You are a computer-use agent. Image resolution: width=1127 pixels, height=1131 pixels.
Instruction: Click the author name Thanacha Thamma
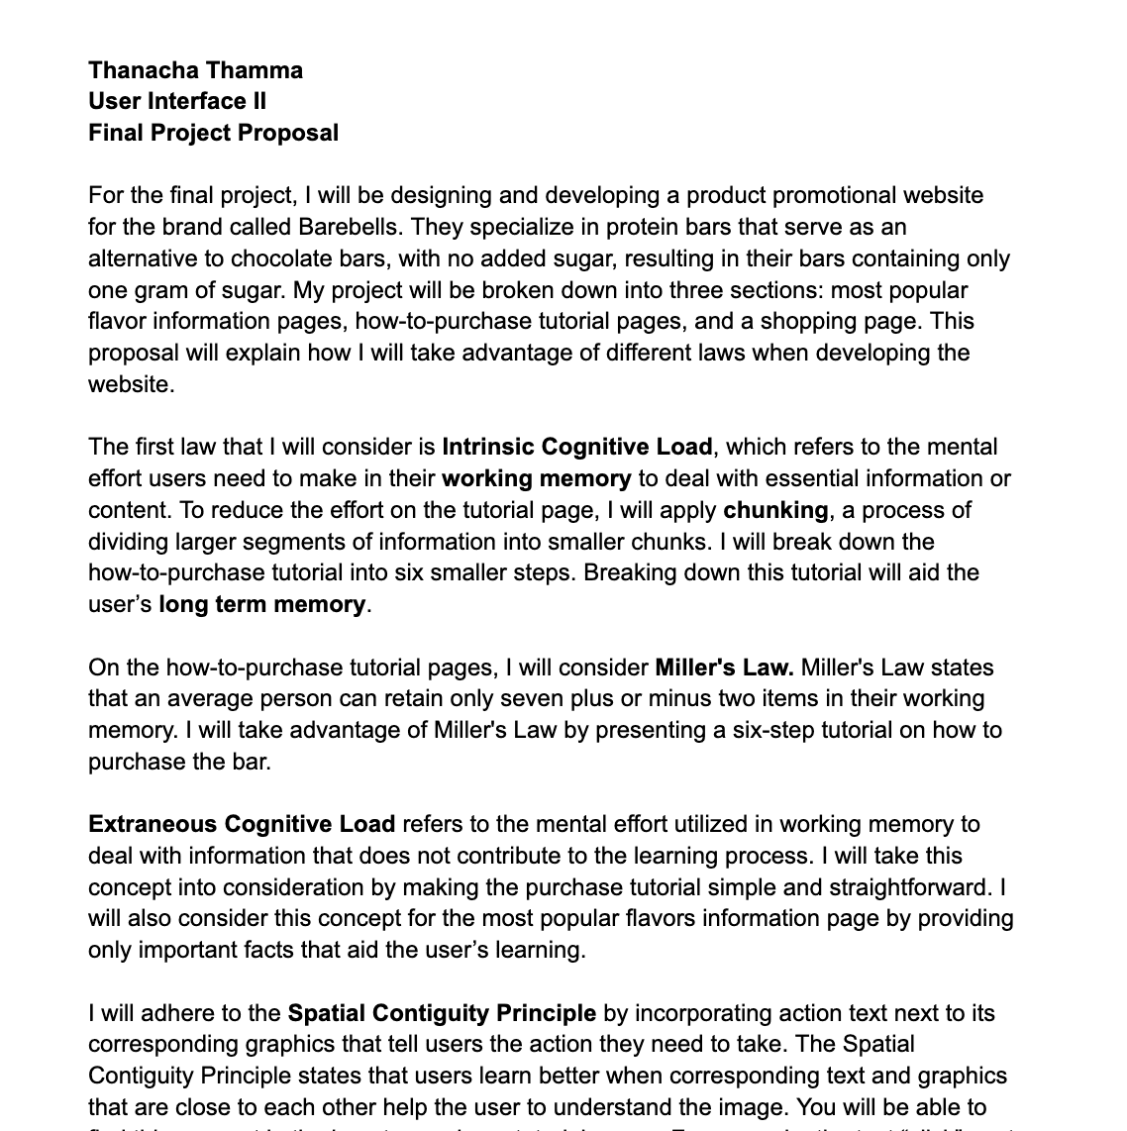click(x=195, y=70)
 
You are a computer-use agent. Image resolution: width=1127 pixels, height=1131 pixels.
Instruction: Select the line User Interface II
click(x=177, y=101)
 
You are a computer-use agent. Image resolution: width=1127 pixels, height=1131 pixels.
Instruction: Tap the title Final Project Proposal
click(x=213, y=133)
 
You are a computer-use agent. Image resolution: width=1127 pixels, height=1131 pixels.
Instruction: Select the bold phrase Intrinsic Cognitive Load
click(x=576, y=447)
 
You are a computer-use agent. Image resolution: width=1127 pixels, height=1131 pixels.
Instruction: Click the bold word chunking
click(x=775, y=510)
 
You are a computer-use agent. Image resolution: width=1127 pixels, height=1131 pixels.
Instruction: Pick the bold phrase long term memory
click(x=261, y=604)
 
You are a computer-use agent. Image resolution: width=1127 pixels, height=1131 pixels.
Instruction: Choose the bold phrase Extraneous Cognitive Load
click(x=242, y=824)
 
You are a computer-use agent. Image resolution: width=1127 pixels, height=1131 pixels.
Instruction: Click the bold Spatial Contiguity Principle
click(x=442, y=1013)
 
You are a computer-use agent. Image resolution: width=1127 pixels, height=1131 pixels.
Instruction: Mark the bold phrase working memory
click(x=536, y=478)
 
